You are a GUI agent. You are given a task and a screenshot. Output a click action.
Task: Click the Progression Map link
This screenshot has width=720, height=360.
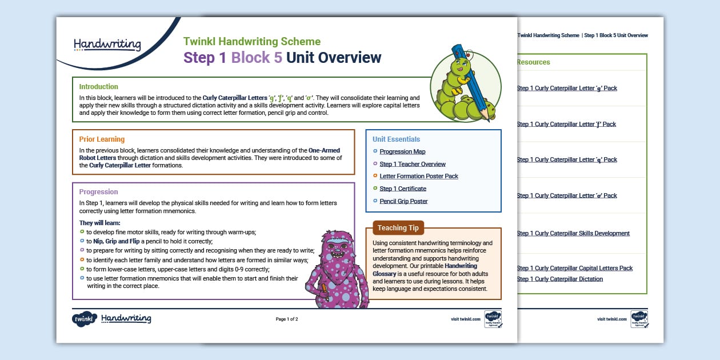click(402, 151)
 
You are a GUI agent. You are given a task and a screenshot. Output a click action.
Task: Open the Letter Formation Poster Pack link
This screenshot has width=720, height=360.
click(419, 176)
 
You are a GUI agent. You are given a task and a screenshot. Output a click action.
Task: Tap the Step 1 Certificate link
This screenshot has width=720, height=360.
click(403, 189)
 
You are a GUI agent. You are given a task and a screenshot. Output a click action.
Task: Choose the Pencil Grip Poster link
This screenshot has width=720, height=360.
click(403, 201)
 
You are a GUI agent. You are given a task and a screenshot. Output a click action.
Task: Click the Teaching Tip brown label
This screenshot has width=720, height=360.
click(398, 228)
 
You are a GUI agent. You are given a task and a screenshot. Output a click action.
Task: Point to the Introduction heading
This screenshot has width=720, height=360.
click(98, 87)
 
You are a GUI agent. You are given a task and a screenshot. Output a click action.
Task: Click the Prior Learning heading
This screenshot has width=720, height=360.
click(102, 139)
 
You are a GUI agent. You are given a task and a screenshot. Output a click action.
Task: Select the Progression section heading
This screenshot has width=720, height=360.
click(98, 192)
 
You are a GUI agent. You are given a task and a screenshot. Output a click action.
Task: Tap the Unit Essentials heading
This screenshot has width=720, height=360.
click(396, 139)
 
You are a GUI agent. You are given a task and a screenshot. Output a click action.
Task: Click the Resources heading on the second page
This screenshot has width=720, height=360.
click(533, 62)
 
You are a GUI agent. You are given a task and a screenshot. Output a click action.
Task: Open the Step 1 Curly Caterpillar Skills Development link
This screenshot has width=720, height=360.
click(573, 233)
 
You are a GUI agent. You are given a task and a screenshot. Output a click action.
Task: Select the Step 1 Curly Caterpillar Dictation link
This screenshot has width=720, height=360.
click(559, 279)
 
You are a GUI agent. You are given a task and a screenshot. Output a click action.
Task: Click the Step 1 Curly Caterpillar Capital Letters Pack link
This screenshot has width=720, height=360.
click(574, 268)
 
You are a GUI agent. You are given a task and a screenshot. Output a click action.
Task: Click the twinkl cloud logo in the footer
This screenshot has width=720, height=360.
click(84, 319)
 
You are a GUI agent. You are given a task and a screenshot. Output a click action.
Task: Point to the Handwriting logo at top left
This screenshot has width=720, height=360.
click(107, 45)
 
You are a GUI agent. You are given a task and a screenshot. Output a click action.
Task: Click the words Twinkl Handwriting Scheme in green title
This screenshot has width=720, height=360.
click(252, 42)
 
